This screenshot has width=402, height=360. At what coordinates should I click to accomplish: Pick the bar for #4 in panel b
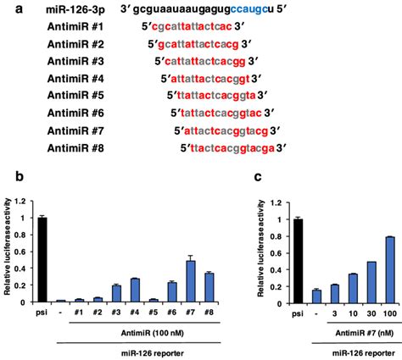[x=135, y=290]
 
